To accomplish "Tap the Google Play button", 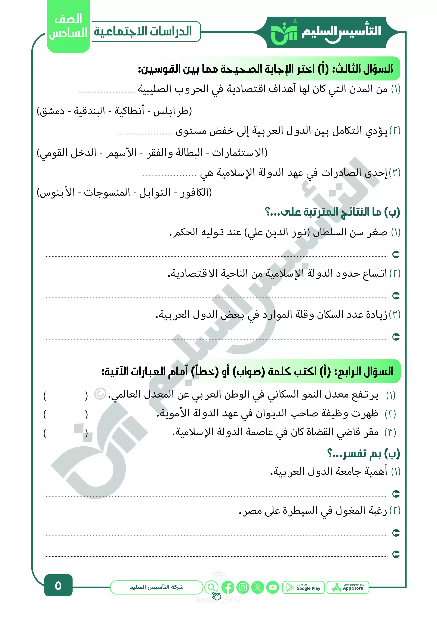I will pos(303,587).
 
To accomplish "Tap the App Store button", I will pos(348,587).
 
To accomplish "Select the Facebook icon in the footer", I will pos(228,587).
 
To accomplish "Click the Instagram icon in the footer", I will pos(243,587).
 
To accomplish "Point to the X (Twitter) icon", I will pos(258,587).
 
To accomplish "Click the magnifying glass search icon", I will pos(212,587).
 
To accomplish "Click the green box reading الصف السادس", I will pos(68,26).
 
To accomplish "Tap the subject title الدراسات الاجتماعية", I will pos(143,31).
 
